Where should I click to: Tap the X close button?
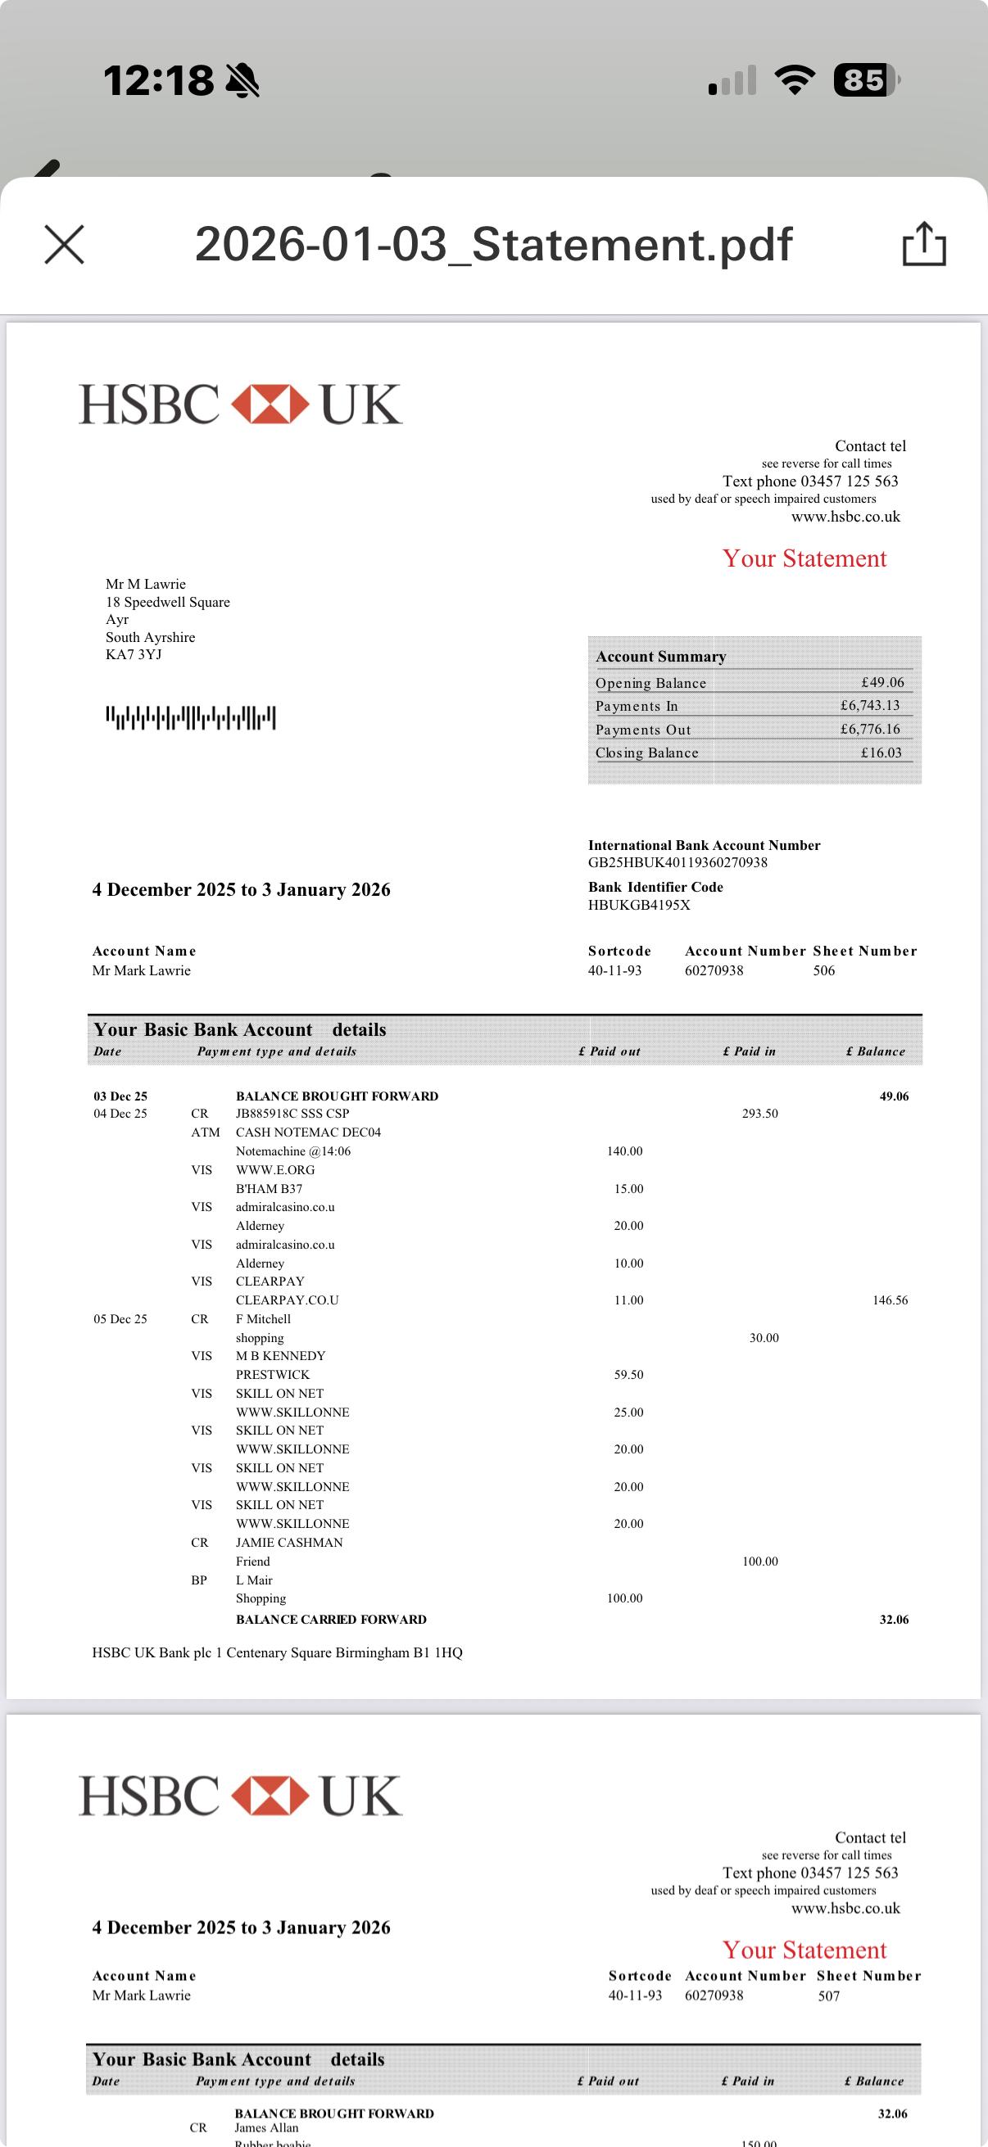click(x=64, y=245)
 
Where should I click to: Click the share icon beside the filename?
click(x=924, y=244)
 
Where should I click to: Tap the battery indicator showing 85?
click(x=864, y=80)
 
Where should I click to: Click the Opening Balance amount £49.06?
click(x=882, y=683)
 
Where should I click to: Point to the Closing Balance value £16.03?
click(x=881, y=753)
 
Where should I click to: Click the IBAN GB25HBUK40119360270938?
click(x=677, y=862)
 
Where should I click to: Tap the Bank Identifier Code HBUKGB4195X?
click(x=639, y=905)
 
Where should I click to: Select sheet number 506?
click(x=824, y=971)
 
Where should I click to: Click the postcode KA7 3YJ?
click(x=134, y=655)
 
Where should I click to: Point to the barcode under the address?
click(x=190, y=717)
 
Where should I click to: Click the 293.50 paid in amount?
click(x=759, y=1114)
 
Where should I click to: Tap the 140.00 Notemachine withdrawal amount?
click(x=624, y=1152)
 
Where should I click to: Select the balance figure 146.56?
click(x=890, y=1300)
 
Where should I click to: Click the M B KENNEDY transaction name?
click(x=280, y=1356)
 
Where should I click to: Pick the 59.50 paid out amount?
click(x=628, y=1375)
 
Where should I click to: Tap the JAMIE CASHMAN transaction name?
click(x=288, y=1543)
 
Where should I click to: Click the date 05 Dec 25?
click(x=120, y=1319)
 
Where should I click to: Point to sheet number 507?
click(x=829, y=1996)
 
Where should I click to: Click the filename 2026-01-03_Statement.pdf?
click(x=492, y=244)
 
